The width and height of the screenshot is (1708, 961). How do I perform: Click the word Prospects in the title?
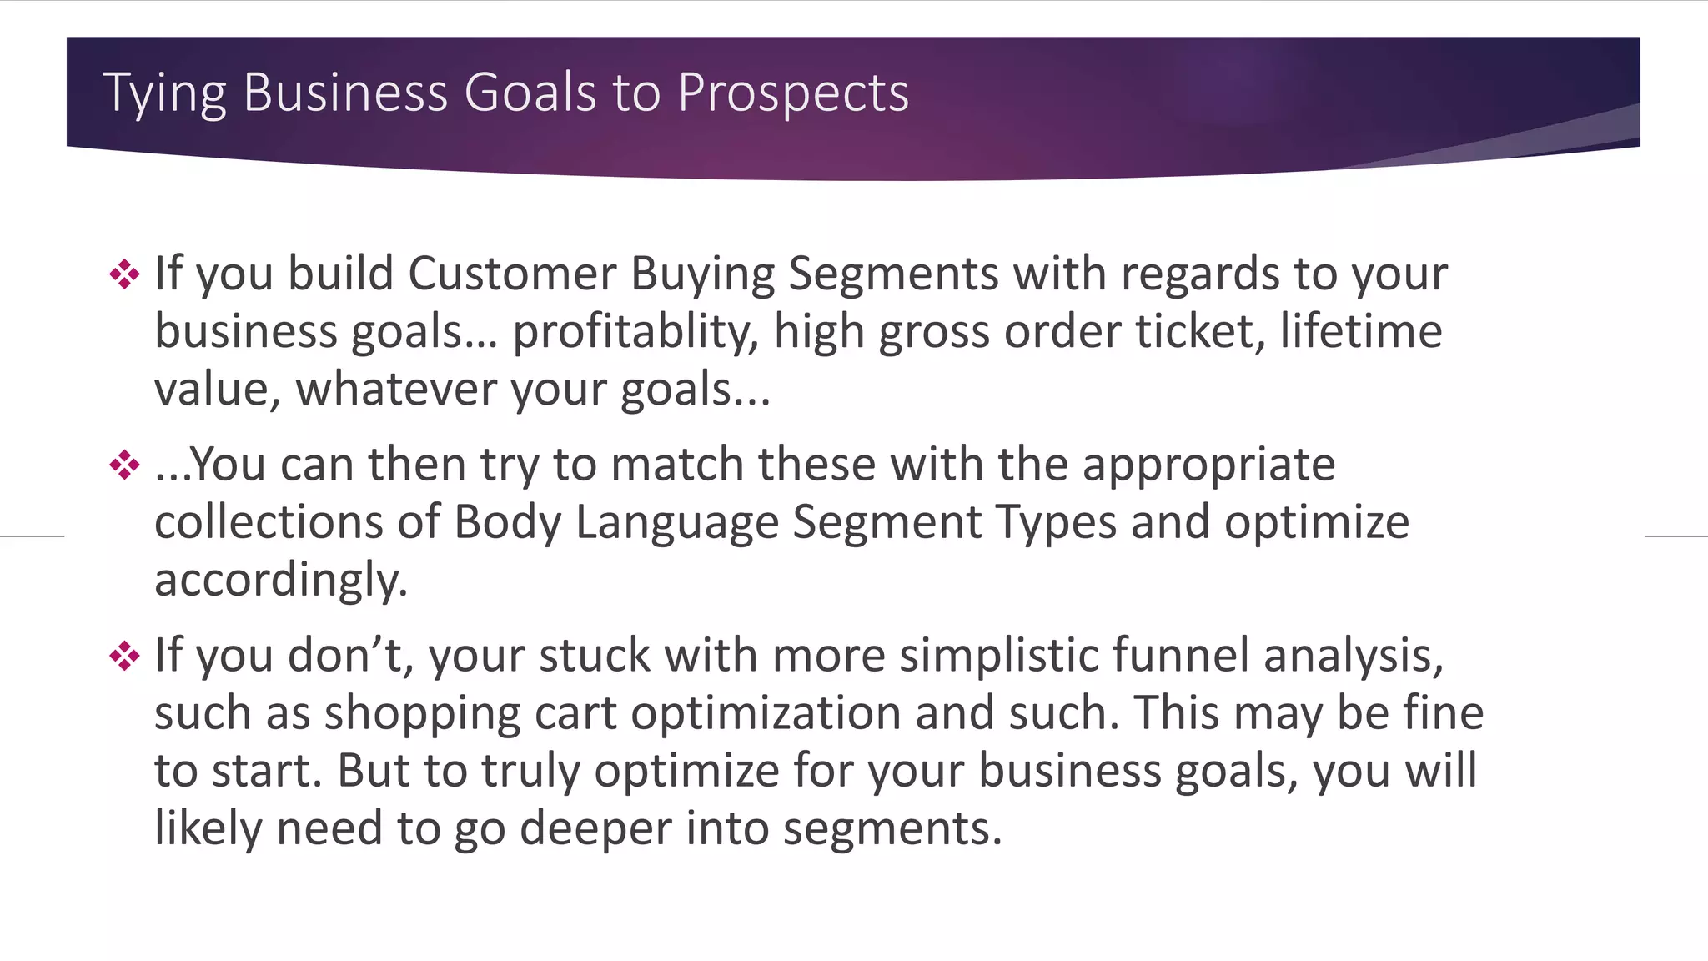pos(792,92)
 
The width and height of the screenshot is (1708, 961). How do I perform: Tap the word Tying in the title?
pos(164,93)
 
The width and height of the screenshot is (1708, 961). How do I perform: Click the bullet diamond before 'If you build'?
pos(124,274)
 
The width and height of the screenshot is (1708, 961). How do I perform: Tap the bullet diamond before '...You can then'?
pos(124,465)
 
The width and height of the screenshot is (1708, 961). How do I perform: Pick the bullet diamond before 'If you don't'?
pos(124,656)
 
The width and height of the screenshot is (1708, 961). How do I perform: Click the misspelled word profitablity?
pos(635,332)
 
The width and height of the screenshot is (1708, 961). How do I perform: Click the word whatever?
pos(395,389)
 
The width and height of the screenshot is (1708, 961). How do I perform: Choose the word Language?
pos(676,523)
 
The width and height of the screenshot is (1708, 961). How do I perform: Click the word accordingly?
pos(280,581)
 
